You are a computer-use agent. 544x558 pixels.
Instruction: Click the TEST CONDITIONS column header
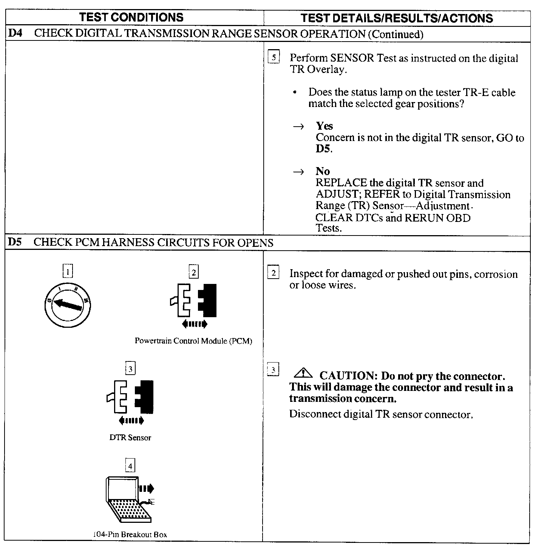[x=131, y=17]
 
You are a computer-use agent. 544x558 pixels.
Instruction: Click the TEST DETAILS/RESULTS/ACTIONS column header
[x=397, y=18]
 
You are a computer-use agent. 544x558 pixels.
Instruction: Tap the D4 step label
[x=15, y=33]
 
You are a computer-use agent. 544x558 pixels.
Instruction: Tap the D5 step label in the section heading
[x=15, y=242]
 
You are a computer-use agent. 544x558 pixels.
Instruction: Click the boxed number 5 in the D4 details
[x=274, y=57]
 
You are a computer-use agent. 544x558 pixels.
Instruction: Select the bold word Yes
[x=324, y=126]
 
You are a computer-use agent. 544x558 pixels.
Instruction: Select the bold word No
[x=323, y=171]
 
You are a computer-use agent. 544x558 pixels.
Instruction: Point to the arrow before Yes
[x=298, y=127]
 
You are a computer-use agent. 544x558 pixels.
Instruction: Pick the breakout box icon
[x=129, y=499]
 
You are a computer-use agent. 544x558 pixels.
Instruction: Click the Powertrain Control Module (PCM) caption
[x=193, y=341]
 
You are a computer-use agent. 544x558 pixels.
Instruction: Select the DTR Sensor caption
[x=130, y=438]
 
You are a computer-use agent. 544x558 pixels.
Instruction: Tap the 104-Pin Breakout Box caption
[x=130, y=535]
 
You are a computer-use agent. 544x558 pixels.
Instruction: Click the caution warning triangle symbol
[x=303, y=374]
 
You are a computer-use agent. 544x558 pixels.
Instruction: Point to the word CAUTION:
[x=346, y=376]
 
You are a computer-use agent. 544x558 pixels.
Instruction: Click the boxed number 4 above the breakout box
[x=130, y=466]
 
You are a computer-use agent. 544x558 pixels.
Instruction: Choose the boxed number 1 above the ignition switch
[x=68, y=271]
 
